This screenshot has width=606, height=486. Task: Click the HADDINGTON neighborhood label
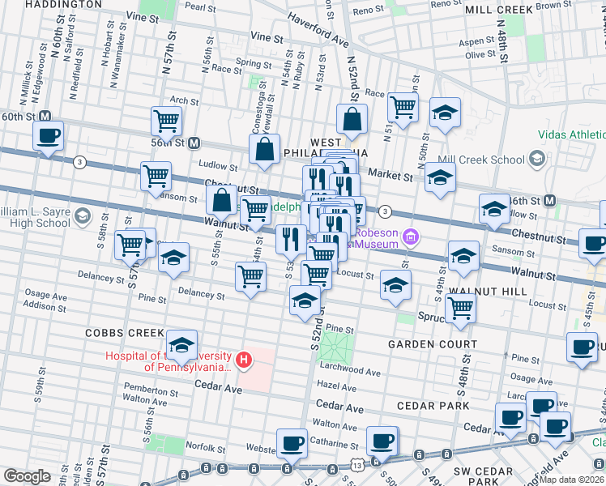[x=51, y=4]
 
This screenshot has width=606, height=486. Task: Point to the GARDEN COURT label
[x=429, y=343]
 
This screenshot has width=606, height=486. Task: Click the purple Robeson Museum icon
[x=411, y=237]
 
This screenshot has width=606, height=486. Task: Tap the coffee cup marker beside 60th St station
[x=49, y=135]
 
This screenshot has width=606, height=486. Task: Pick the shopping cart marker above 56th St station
[x=166, y=122]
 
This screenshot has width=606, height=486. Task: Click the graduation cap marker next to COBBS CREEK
[x=182, y=344]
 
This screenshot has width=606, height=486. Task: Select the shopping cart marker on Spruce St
[x=460, y=308]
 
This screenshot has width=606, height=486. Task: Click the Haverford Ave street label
[x=313, y=33]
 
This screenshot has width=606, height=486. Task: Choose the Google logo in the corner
[x=27, y=476]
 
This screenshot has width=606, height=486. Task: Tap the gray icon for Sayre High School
[x=83, y=216]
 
